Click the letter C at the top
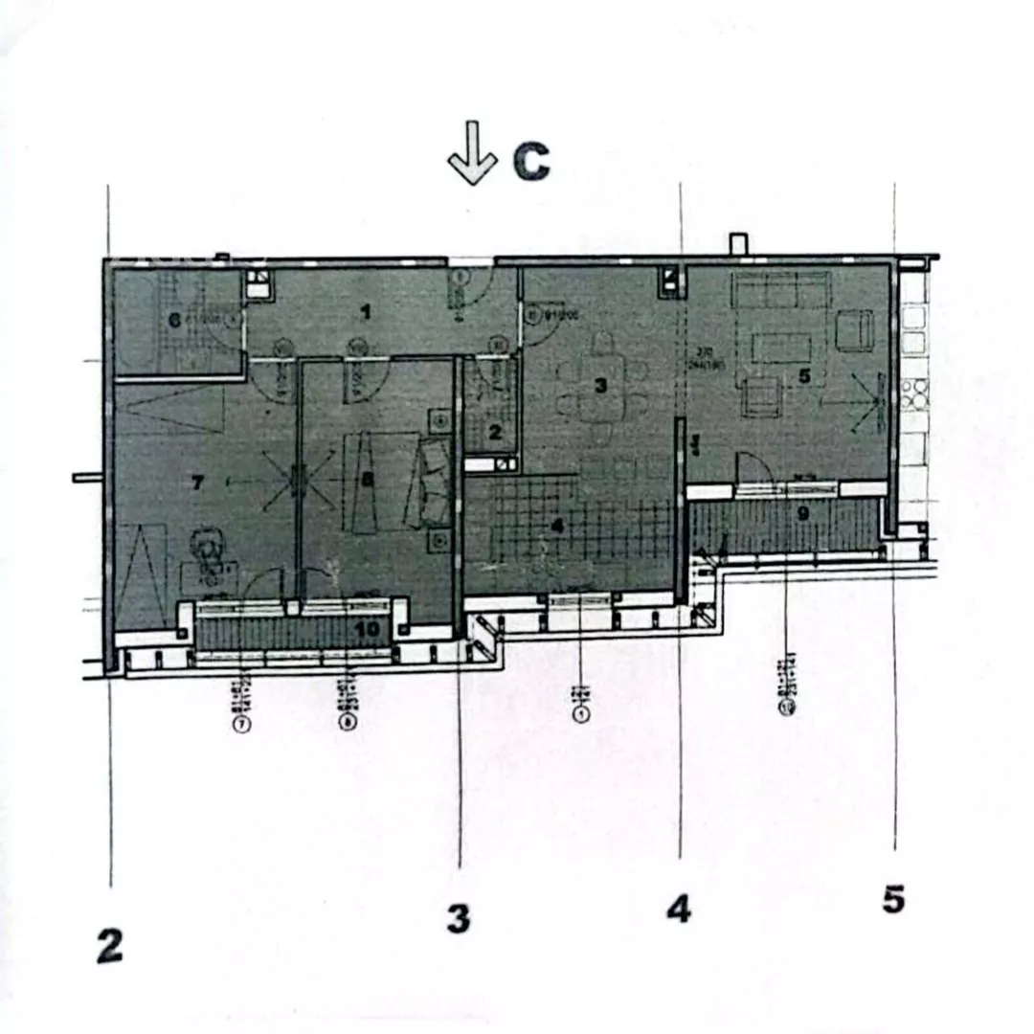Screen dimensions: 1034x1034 [531, 163]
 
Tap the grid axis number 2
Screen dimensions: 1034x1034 [110, 947]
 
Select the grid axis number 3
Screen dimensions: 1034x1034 [459, 919]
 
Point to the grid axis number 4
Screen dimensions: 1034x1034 [678, 909]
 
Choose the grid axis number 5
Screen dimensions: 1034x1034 [893, 900]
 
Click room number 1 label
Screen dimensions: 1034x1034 [365, 310]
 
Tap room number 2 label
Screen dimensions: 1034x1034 [494, 432]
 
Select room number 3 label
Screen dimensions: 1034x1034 [600, 386]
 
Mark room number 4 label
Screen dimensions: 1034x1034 [558, 525]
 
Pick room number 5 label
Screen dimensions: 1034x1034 [804, 376]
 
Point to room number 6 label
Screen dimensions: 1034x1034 [175, 320]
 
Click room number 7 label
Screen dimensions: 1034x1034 [197, 483]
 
